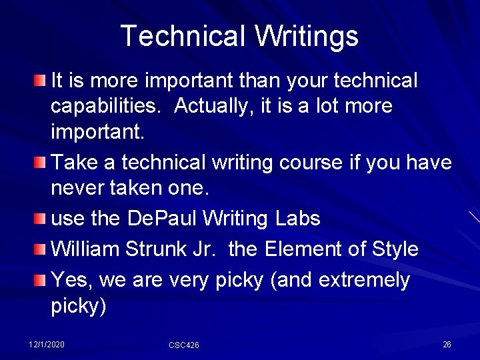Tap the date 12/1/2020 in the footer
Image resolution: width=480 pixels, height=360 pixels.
pos(47,344)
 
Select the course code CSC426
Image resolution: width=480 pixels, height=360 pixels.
pos(184,345)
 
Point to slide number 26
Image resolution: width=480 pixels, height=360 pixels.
pos(447,344)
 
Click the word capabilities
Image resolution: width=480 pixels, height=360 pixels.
pos(107,106)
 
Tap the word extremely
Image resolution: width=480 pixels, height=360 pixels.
pos(364,279)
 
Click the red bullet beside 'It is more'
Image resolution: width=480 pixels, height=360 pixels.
pos(40,81)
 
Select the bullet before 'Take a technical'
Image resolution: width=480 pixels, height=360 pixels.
pos(40,163)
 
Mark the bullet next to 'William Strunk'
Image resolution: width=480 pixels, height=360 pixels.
pos(40,250)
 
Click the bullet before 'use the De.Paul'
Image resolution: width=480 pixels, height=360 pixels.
pos(40,219)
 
